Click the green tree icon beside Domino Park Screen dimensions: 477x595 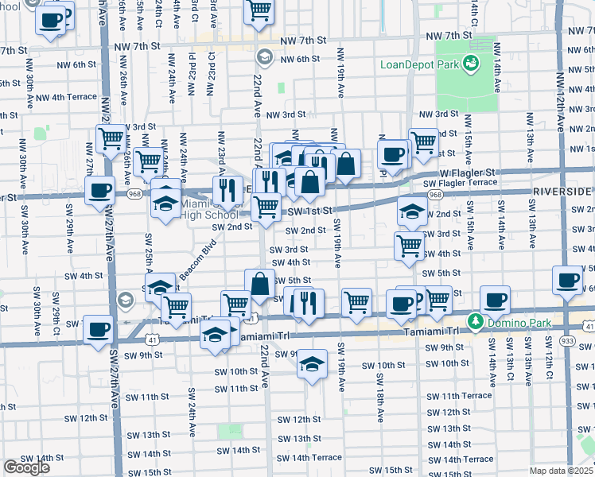coord(476,321)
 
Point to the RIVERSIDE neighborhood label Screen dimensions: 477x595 coord(562,192)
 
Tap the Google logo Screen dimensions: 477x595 coord(26,467)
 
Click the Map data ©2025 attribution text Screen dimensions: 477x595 coord(562,471)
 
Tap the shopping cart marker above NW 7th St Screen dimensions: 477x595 coord(259,12)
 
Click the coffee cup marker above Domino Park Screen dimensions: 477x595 coord(495,301)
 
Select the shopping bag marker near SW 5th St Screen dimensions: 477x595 coord(260,284)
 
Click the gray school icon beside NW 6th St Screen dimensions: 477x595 coord(265,57)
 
